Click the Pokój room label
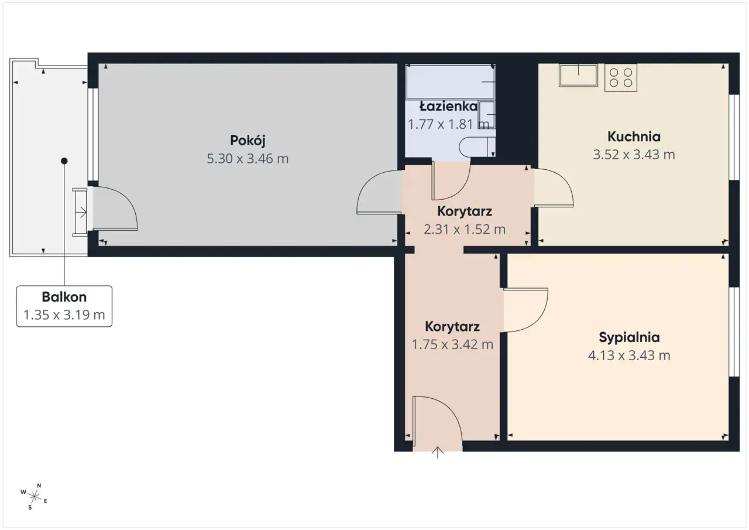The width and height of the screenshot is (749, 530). point(248,141)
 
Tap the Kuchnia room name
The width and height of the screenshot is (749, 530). point(634,136)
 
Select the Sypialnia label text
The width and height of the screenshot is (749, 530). point(629,337)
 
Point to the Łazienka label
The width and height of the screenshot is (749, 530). point(448,107)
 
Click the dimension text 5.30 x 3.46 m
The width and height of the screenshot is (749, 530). point(248,159)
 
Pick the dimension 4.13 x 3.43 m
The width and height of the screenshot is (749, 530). point(629,355)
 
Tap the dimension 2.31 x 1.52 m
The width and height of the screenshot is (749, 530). point(465,229)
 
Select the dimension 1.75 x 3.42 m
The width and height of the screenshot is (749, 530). point(452,344)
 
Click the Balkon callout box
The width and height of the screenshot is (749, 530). point(64,306)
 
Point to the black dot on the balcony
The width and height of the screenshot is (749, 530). point(64,161)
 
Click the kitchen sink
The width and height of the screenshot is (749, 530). point(578,76)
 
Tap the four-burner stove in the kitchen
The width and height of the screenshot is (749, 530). point(621,78)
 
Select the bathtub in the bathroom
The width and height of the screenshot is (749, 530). point(450,81)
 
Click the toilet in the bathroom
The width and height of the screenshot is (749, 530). point(477,147)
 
